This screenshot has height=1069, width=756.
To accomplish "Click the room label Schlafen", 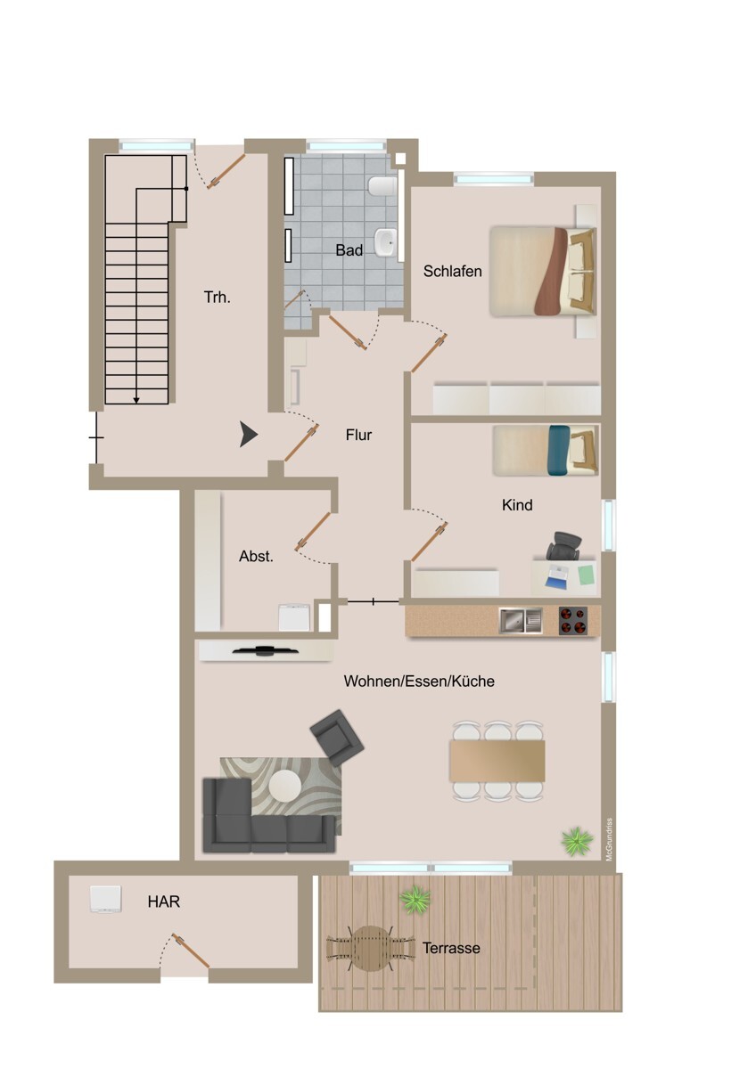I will [x=453, y=271].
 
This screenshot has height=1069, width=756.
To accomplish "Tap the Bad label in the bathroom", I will [x=349, y=251].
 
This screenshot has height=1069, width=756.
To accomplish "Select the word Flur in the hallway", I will [x=358, y=436].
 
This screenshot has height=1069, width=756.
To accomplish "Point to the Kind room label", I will [x=517, y=505].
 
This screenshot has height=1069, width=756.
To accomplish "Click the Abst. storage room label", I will [x=256, y=556].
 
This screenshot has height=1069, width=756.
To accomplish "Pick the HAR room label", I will [x=163, y=902].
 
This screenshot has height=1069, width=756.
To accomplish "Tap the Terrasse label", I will [x=451, y=948].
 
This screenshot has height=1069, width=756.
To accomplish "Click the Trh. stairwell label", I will [x=217, y=298].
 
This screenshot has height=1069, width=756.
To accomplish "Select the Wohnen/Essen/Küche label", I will [x=419, y=681].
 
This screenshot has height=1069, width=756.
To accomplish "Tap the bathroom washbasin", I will [x=386, y=241].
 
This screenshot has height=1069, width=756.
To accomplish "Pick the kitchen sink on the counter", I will [x=521, y=619].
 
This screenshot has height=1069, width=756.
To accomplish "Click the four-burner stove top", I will [x=574, y=619].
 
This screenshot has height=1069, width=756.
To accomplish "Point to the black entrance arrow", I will [x=249, y=435].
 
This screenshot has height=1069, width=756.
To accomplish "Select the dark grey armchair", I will [x=338, y=737].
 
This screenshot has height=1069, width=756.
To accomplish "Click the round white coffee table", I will [x=285, y=786].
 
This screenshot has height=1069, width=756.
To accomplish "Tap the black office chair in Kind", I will [x=564, y=545].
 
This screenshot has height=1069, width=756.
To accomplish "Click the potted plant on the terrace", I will [x=414, y=900].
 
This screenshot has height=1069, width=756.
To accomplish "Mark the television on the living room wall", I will [x=265, y=650].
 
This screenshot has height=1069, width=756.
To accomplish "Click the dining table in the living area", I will [x=497, y=759].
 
